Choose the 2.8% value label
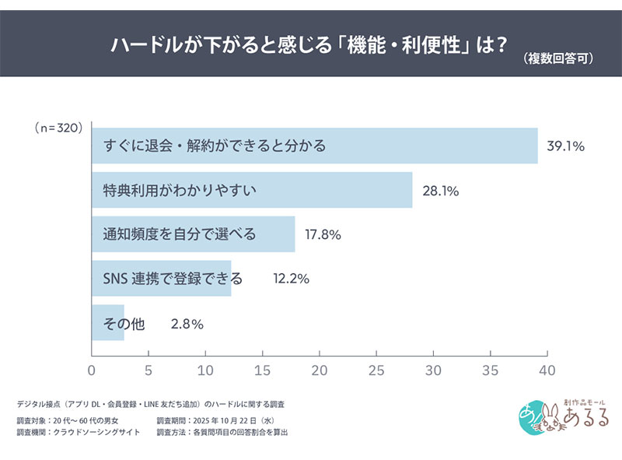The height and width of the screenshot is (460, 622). (187, 324)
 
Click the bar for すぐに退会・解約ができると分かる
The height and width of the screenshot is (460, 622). (315, 146)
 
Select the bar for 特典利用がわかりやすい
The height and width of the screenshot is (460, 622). (252, 190)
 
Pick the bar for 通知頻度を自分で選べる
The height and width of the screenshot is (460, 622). (194, 234)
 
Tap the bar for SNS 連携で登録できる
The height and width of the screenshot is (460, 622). (162, 279)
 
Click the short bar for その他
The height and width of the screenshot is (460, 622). (108, 324)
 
